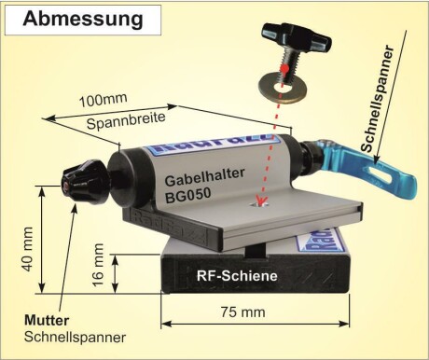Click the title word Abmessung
point(83,19)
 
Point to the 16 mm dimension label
point(99,265)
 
